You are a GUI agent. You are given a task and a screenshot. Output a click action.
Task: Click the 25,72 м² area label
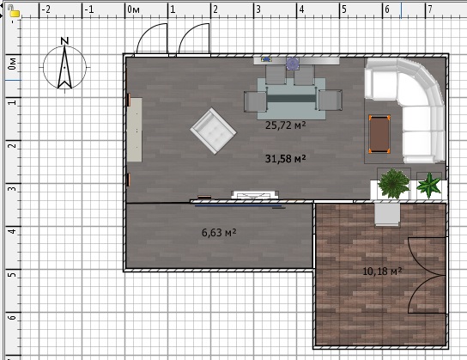[285, 125]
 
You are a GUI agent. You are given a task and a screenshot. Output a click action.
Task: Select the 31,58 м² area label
[285, 159]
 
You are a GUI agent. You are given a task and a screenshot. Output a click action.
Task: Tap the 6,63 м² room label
[219, 233]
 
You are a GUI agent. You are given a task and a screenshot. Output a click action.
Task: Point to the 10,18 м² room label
[382, 272]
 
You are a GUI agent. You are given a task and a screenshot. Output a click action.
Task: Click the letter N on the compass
[64, 41]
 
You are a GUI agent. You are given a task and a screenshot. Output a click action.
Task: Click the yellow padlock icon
[14, 11]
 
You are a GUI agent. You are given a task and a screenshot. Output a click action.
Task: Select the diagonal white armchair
[213, 131]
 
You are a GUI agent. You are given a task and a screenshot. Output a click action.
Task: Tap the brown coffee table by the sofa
[379, 134]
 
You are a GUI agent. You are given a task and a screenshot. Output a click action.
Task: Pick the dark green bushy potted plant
[393, 184]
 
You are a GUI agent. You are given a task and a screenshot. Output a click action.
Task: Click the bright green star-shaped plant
[429, 186]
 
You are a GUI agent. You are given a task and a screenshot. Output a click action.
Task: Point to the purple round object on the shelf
[293, 64]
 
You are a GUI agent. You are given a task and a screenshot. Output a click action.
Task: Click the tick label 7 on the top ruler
[430, 9]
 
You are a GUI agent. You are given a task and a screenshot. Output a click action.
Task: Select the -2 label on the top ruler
[46, 9]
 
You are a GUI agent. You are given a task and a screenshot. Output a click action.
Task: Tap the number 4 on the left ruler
[12, 231]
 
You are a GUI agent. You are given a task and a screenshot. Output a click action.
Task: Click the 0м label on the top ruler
[133, 9]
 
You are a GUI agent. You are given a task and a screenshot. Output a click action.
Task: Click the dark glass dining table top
[291, 98]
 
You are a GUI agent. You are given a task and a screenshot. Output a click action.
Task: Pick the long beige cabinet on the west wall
[134, 130]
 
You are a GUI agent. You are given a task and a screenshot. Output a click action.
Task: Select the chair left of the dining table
[255, 101]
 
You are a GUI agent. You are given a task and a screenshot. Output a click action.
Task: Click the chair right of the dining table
[331, 101]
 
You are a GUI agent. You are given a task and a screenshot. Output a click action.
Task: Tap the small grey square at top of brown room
[387, 214]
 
